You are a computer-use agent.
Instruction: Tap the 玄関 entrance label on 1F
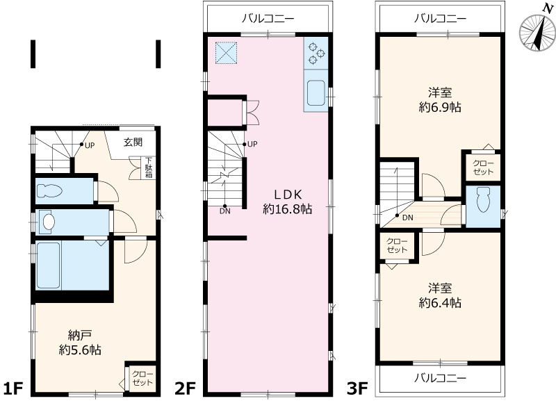pos(133,143)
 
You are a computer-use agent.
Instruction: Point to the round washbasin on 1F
pos(48,222)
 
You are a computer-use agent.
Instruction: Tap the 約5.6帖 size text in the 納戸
pos(80,351)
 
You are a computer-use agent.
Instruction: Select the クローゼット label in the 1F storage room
pos(142,378)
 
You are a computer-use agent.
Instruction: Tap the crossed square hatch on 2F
pos(225,53)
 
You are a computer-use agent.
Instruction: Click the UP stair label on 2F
pos(252,145)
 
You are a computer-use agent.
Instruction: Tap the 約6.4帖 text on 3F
pos(441,303)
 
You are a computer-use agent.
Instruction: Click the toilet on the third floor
pos(484,202)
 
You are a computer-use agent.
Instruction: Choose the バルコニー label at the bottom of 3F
pos(439,378)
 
